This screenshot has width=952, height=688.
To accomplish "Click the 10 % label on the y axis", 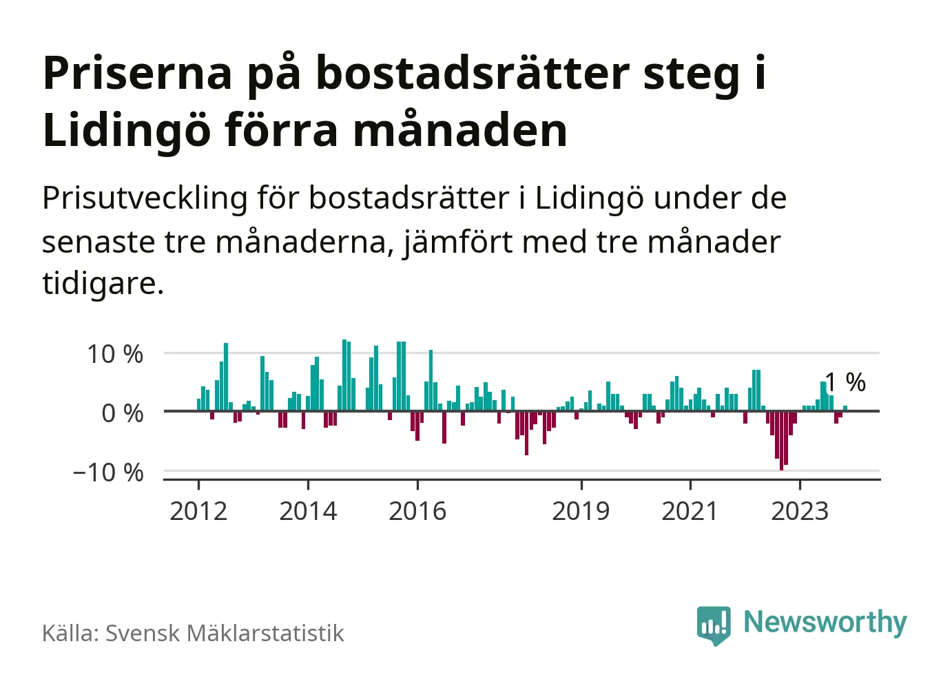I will coord(114,354).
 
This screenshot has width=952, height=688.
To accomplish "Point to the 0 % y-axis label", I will coord(122,413).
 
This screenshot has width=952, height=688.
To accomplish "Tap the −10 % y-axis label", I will coord(108,472).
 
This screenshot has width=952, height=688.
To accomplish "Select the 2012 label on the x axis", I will coord(198,511).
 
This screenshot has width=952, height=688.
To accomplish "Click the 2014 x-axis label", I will coord(308,511).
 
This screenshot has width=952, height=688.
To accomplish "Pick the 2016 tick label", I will coord(417,511).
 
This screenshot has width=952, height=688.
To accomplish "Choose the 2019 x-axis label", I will coord(581,511).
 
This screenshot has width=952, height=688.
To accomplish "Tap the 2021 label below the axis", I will coord(690,511).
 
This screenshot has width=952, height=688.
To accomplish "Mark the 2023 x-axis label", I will coord(799,511).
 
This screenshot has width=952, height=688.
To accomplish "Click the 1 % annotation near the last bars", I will coord(845,382).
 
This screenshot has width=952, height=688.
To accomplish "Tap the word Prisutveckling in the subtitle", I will coord(145,198).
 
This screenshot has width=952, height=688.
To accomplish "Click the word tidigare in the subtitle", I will coord(102,282).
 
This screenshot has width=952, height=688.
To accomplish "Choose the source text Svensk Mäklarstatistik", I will coord(224,633).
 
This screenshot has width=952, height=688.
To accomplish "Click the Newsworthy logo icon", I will coord(713,624).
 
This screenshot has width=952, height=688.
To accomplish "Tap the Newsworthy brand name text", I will coord(825,622).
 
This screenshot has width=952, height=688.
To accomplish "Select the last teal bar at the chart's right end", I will coord(845,408).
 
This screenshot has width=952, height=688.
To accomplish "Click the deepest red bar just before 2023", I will coord(781,441).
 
